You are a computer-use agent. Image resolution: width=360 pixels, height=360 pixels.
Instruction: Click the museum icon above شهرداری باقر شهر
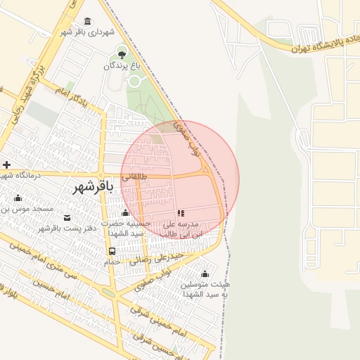pos(87,22)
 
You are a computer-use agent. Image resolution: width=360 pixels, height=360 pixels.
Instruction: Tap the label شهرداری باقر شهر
pos(87,32)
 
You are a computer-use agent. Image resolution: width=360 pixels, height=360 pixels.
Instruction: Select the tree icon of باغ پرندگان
pos(122,54)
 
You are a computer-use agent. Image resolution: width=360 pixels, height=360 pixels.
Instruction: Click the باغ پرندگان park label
pos(122,65)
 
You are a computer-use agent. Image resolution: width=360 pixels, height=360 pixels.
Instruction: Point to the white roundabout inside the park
pos(134,81)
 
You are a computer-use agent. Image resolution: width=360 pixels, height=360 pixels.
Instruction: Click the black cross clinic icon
pos(6,165)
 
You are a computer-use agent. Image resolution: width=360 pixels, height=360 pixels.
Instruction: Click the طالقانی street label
pos(135,177)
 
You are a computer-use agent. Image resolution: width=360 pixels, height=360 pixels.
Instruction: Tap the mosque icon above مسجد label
pos(18,198)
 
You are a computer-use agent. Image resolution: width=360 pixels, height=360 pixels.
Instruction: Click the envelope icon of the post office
pos(67,218)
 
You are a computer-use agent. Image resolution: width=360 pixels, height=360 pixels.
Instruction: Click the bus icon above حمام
pos(112,251)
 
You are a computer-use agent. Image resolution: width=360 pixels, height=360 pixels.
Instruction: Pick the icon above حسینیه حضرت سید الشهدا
pos(125,212)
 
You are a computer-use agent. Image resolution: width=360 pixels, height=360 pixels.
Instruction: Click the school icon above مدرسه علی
pos(181,212)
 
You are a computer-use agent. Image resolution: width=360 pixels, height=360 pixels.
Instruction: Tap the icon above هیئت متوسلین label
pos(205,274)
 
